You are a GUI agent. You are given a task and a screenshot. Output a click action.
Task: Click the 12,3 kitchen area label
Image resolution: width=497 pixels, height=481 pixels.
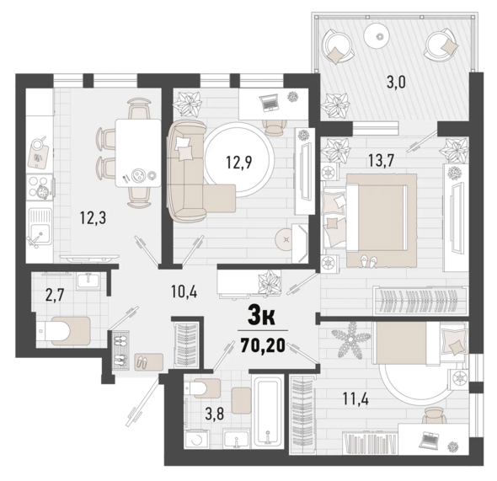point(93,218)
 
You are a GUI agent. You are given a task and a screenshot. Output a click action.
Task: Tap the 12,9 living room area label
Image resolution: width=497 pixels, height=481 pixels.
point(238,163)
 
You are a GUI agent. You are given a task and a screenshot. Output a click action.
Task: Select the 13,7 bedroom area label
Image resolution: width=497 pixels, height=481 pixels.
point(381,161)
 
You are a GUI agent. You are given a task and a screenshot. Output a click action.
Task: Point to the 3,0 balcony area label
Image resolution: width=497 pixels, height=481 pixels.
point(396,83)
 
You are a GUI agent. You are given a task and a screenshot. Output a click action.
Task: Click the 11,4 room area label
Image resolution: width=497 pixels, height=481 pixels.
point(356,398)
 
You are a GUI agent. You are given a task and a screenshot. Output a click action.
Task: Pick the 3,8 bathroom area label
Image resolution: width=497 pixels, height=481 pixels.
point(215,414)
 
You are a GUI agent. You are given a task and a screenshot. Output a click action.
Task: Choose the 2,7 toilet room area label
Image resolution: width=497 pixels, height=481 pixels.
point(55,296)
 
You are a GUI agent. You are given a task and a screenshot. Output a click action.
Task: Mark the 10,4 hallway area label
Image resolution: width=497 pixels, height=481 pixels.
point(184,291)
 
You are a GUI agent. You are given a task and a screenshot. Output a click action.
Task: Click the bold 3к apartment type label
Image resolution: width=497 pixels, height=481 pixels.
point(262,318)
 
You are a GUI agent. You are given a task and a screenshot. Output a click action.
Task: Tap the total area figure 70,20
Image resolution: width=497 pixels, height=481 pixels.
point(263,345)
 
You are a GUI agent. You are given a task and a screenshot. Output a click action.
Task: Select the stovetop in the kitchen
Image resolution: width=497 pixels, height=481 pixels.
point(40,187)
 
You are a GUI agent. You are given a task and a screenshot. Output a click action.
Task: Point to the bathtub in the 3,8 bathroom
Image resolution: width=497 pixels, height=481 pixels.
point(268,412)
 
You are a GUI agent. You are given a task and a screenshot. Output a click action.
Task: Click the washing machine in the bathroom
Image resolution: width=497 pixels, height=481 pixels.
point(196,439)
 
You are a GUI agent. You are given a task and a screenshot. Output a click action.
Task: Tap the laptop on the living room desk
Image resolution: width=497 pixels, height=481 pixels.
point(268,102)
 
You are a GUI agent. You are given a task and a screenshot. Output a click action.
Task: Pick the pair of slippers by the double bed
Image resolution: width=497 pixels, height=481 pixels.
point(367,260)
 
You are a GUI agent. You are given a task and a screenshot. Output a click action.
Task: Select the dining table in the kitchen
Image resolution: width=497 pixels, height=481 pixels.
point(138,152)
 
